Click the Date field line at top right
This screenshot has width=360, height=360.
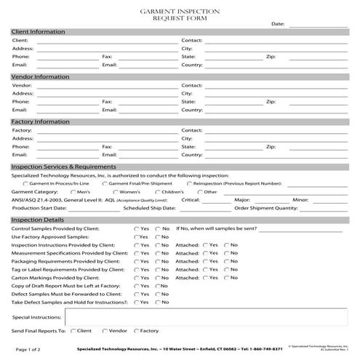[318, 24]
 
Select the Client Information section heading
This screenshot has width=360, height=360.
[38, 32]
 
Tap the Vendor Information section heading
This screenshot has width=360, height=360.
[40, 76]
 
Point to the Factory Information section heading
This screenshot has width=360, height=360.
[41, 121]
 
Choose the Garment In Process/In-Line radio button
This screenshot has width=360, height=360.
[25, 183]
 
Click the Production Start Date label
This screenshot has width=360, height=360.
[39, 207]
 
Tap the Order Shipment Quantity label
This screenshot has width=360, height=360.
[265, 207]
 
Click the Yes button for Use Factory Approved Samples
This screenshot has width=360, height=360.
[136, 237]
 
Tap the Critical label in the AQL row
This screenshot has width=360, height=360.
[190, 199]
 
